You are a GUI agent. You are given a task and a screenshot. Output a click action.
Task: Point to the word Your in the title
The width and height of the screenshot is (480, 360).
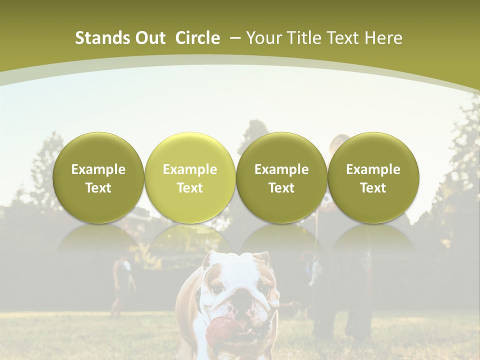263,38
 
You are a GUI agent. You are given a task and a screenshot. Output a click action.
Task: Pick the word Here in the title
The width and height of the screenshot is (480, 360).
385,38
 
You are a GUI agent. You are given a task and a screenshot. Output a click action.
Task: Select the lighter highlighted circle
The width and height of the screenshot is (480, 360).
190,177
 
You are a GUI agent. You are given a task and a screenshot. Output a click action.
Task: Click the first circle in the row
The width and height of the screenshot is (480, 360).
98,177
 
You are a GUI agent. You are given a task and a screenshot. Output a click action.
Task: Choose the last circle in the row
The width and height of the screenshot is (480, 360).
373,177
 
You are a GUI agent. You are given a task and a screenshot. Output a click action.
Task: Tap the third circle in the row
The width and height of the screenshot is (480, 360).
281,177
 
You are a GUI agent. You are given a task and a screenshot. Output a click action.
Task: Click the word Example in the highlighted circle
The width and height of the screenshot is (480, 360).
190,169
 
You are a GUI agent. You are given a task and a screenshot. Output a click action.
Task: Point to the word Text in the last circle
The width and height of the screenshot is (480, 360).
373,188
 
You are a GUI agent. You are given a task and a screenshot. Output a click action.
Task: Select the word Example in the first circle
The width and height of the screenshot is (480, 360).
98,169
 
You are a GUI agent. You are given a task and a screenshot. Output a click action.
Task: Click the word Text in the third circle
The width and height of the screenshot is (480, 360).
281,188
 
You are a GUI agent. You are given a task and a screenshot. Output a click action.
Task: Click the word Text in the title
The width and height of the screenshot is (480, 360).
344,38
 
